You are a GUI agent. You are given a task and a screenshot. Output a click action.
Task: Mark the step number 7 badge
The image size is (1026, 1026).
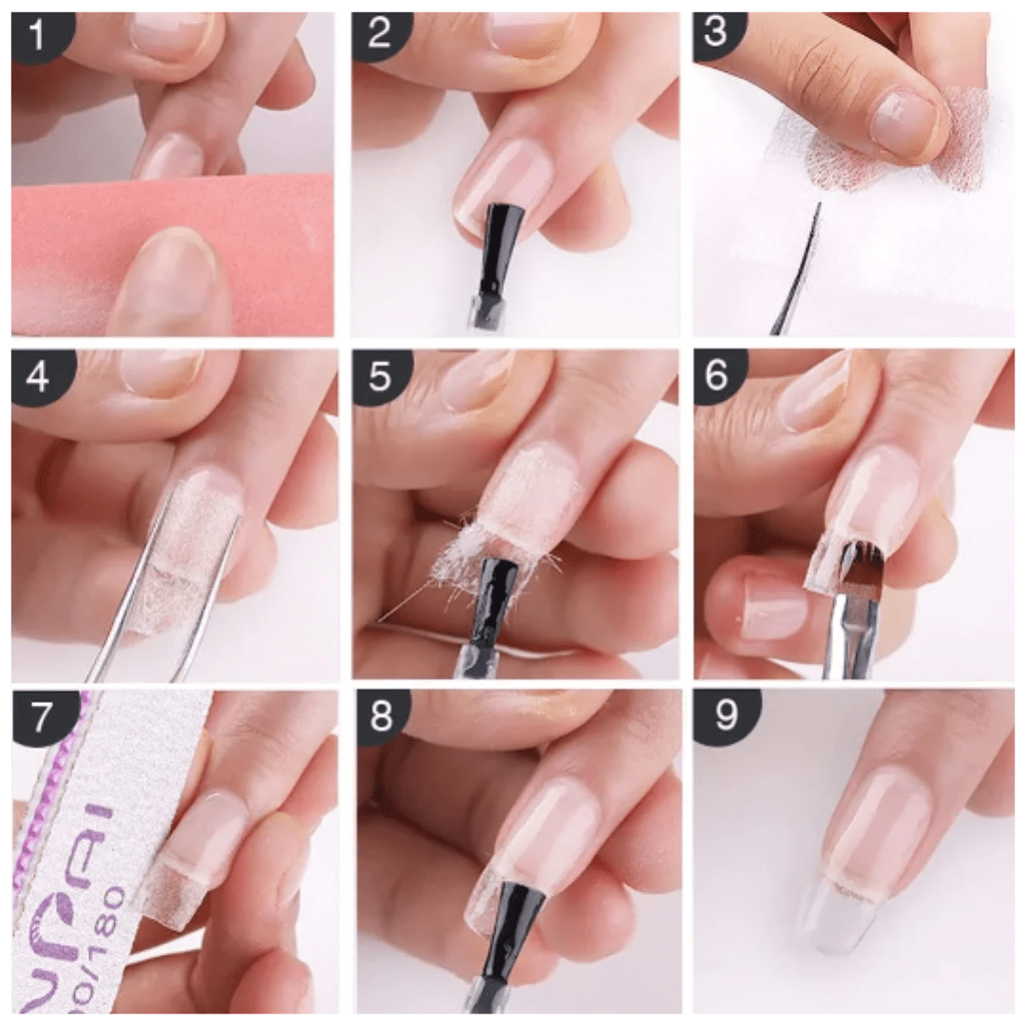coord(37,714)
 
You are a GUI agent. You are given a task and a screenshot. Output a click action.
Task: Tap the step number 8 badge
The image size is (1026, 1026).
coord(379,714)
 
